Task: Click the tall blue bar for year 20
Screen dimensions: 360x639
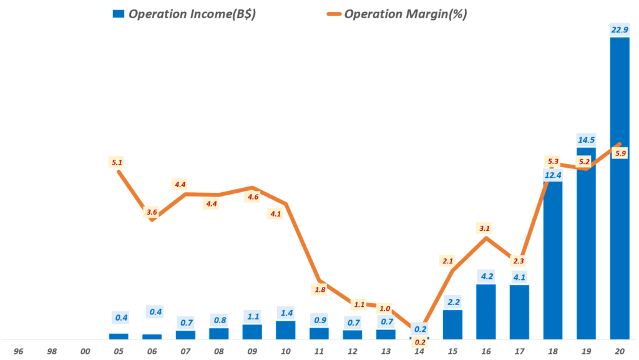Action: tap(620, 187)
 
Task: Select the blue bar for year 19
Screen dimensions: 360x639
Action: tap(586, 243)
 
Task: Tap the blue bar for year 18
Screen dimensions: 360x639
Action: tap(553, 262)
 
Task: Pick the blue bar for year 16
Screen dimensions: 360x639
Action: tap(485, 312)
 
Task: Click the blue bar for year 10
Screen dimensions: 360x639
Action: tap(285, 330)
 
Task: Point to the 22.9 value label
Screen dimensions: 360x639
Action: tap(620, 29)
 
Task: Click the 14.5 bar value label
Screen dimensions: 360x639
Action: tap(586, 139)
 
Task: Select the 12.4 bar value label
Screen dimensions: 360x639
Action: tap(553, 175)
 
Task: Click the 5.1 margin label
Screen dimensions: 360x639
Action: tap(117, 162)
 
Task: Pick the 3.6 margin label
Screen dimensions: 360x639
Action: tap(152, 212)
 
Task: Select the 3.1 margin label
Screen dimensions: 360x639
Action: tap(485, 228)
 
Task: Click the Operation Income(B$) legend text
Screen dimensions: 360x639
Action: tap(192, 14)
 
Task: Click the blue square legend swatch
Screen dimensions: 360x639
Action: tap(118, 14)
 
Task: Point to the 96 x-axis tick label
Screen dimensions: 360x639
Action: tap(18, 351)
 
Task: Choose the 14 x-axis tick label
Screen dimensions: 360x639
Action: tap(419, 351)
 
